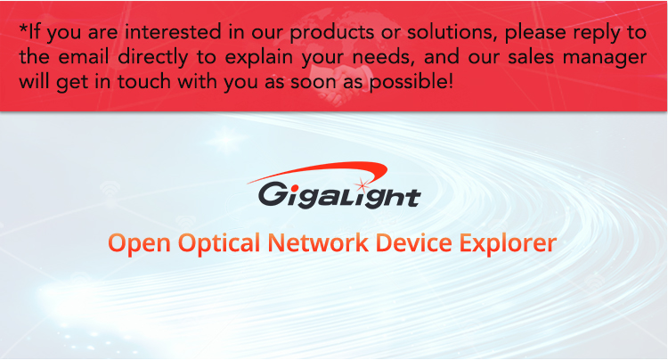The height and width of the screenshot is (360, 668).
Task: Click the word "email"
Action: click(84, 57)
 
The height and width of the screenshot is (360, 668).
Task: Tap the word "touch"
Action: click(144, 81)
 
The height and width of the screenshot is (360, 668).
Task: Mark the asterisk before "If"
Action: click(23, 29)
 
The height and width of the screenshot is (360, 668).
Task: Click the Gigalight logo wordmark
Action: click(339, 195)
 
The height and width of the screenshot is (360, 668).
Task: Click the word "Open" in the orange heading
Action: click(139, 244)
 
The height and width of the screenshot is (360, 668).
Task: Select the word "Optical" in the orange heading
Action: click(219, 244)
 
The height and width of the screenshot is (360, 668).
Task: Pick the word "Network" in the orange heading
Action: click(318, 242)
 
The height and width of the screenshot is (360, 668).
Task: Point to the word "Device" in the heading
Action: click(413, 242)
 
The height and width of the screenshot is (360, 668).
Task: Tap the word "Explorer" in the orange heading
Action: click(508, 244)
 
